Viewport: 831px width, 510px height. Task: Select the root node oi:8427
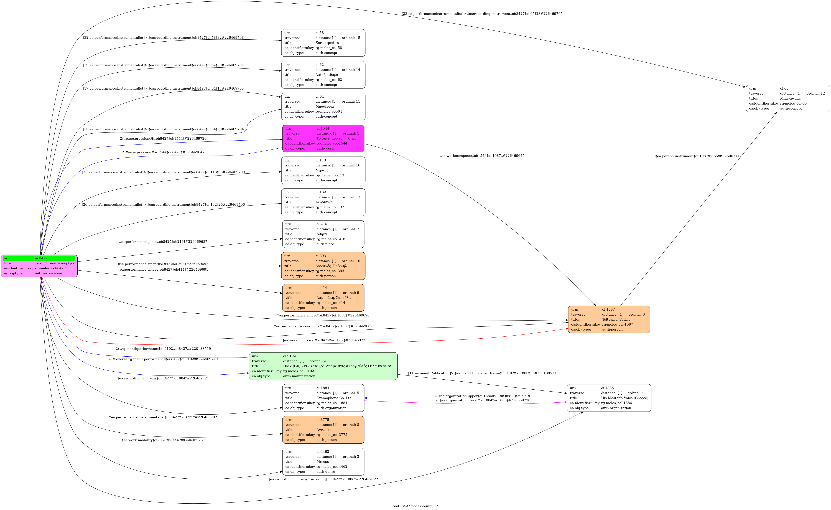tap(39, 266)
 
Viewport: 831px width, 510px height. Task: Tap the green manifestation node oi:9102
tap(323, 366)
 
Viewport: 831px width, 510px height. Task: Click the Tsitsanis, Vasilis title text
tap(616, 319)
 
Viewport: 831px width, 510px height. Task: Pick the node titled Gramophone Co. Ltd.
tap(323, 398)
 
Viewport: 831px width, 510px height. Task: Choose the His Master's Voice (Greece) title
tap(624, 398)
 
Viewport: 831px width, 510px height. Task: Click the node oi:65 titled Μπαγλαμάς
tap(788, 98)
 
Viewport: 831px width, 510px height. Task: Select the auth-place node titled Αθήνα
tap(323, 234)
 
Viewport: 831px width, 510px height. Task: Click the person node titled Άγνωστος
tap(323, 430)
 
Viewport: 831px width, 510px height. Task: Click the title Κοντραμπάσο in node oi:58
tap(327, 43)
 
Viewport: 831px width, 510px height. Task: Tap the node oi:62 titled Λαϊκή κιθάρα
tap(323, 75)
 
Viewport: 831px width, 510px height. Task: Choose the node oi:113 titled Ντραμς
tap(323, 170)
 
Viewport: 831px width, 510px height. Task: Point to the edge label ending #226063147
tap(698, 156)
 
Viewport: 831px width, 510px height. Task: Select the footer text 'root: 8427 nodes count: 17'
tap(415, 506)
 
